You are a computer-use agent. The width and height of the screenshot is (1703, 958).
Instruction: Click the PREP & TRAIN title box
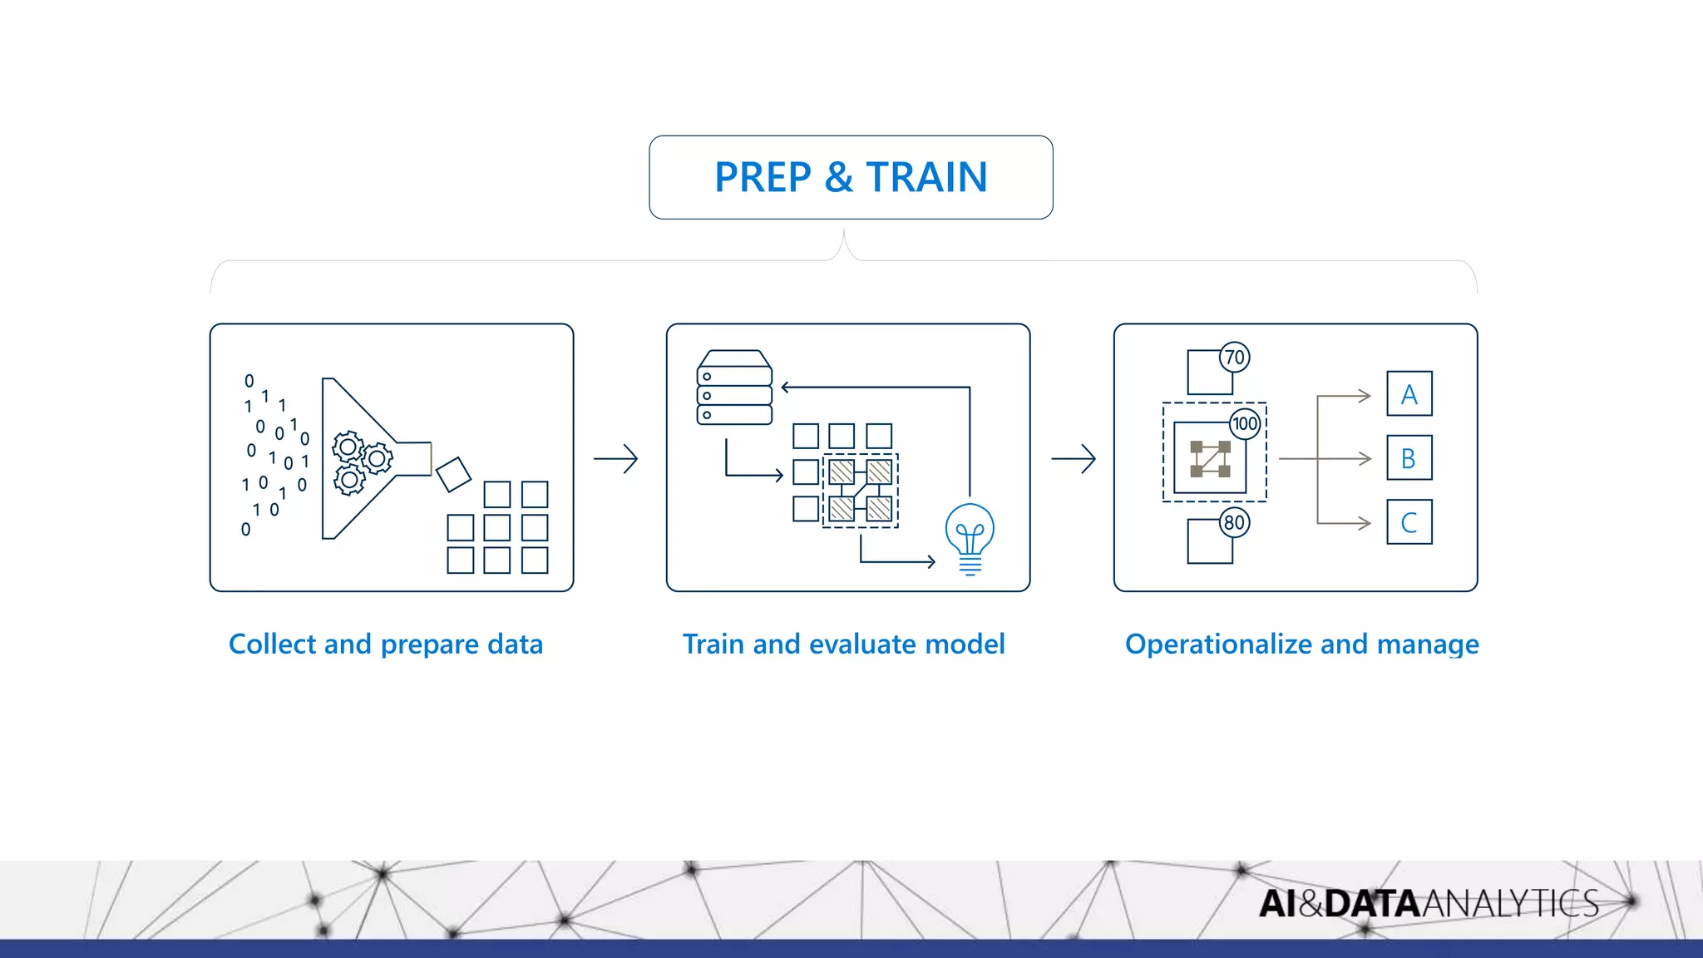coord(851,177)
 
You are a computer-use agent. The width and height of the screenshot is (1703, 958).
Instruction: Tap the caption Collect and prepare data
coord(386,644)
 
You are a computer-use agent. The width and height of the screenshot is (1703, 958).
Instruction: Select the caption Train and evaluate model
coord(843,644)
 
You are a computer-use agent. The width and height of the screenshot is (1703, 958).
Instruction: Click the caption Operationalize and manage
coord(1301,644)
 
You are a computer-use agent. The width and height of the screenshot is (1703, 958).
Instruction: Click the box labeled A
coord(1409,394)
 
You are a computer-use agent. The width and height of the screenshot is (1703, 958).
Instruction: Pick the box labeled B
coord(1409,458)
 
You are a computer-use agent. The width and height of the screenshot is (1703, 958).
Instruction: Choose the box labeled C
coord(1409,522)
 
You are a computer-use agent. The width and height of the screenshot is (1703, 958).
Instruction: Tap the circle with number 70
coord(1235,358)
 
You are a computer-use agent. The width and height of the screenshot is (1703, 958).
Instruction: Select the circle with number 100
coord(1245,423)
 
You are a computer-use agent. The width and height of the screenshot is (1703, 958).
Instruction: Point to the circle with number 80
coord(1235,522)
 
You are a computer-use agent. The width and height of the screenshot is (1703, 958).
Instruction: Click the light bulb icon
coord(970,536)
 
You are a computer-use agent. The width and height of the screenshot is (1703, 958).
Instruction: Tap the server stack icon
coord(734,388)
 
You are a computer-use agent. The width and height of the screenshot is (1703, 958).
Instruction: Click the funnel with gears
coord(366,458)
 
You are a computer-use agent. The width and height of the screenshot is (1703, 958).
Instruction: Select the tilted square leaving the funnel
coord(453,474)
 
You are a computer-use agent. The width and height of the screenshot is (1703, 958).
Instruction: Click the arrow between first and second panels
coord(615,458)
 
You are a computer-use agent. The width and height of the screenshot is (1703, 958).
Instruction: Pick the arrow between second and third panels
coord(1074,458)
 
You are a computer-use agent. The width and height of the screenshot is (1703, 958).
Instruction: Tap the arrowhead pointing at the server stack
coord(786,387)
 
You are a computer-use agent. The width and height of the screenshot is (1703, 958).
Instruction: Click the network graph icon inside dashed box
coord(1210,458)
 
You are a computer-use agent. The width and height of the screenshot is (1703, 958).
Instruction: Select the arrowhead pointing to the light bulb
coord(931,562)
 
